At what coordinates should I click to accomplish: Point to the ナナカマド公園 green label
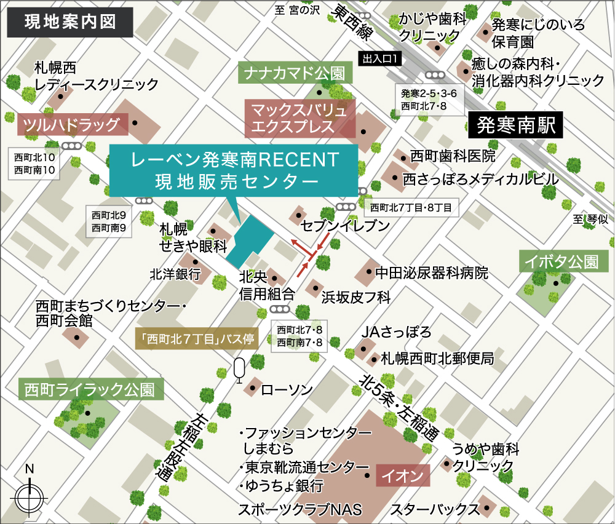pos(295,74)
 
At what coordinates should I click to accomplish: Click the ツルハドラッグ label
pos(72,125)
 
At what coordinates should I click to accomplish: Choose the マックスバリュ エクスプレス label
pos(300,119)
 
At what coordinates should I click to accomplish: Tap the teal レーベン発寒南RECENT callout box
pos(234,170)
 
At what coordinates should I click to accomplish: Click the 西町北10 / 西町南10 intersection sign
pos(34,163)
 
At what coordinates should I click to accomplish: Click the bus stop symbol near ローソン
pos(239,370)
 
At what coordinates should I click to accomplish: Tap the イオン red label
pos(402,475)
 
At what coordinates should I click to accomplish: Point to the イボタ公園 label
pos(563,261)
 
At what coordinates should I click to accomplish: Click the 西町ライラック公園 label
pos(90,389)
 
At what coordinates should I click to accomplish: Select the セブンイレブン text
pos(344,226)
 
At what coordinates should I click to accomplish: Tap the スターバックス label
pos(434,509)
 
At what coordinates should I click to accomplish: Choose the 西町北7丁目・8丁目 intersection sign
pos(411,208)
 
